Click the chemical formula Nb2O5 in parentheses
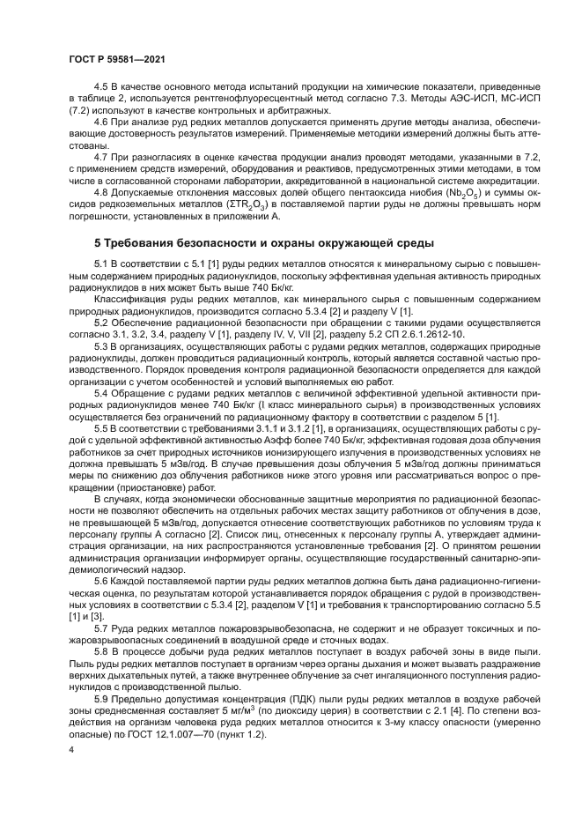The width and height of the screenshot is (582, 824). pos(469,190)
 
